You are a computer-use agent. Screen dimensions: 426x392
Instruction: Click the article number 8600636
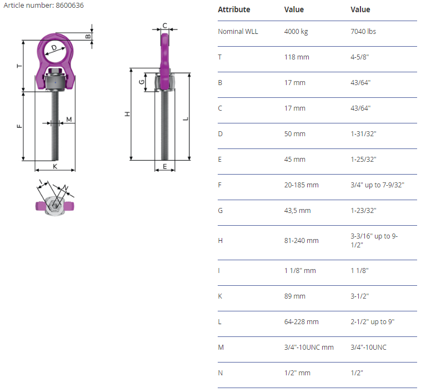pos(69,5)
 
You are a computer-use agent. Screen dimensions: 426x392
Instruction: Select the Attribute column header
pos(234,9)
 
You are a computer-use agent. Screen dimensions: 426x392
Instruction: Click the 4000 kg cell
pos(296,32)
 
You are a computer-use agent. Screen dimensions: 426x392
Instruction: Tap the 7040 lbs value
pos(363,32)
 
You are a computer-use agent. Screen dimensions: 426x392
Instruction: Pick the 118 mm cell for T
pos(297,57)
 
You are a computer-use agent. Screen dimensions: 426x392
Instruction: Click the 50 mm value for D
pos(295,134)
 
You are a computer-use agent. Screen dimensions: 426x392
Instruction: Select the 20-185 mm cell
pos(301,185)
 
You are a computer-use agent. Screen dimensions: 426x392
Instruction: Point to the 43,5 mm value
pos(298,211)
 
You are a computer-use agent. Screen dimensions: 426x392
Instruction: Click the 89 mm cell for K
pos(295,296)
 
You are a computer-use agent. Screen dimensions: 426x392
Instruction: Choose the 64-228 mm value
pos(301,321)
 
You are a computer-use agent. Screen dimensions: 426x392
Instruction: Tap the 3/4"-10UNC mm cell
pos(309,347)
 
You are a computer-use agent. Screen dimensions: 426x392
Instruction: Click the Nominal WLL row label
pos(238,32)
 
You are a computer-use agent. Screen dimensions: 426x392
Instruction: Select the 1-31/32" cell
pos(363,134)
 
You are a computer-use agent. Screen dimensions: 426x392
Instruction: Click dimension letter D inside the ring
pos(54,48)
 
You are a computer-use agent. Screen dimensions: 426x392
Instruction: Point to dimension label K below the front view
pos(55,166)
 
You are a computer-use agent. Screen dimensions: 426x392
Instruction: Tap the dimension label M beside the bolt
pos(69,120)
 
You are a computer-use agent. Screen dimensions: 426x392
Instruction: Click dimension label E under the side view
pos(165,166)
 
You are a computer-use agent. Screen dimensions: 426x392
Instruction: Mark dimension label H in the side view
pos(127,114)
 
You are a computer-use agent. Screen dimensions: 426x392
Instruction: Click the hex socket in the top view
pos(55,206)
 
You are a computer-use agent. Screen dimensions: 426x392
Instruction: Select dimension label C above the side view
pos(165,26)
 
